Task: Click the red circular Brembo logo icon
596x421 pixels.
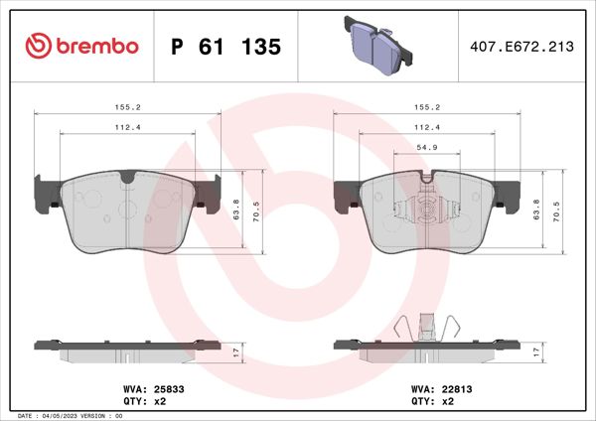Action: pos(38,47)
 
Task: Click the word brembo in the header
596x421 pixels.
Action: pos(94,47)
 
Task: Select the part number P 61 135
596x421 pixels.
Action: pos(226,47)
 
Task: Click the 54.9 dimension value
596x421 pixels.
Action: pos(427,147)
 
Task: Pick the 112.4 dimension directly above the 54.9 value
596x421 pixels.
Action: pos(427,126)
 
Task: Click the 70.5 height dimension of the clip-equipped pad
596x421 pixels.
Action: pos(564,211)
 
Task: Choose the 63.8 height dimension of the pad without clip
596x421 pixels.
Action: pos(236,210)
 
